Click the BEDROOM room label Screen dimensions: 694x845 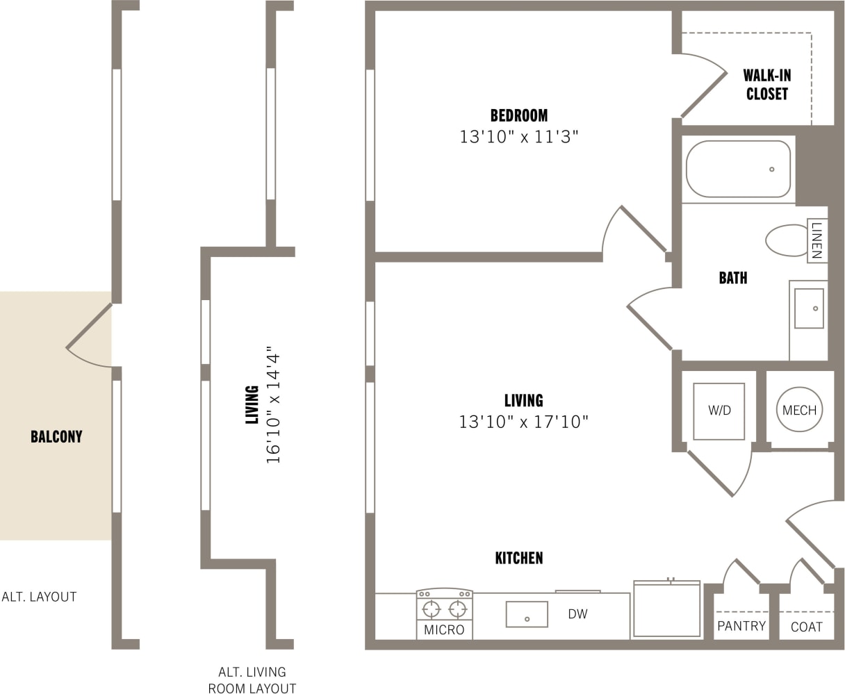pyautogui.click(x=518, y=115)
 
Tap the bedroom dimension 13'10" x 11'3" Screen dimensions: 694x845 pyautogui.click(x=518, y=137)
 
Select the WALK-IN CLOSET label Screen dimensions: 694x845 pyautogui.click(x=766, y=84)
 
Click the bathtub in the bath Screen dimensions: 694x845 pyautogui.click(x=738, y=169)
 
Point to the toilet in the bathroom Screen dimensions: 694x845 pyautogui.click(x=787, y=240)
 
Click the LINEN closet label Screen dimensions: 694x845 pyautogui.click(x=817, y=240)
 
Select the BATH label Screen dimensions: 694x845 pyautogui.click(x=732, y=278)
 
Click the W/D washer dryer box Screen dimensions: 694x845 pyautogui.click(x=719, y=411)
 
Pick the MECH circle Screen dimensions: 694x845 pyautogui.click(x=799, y=410)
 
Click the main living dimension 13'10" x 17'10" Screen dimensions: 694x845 pyautogui.click(x=523, y=422)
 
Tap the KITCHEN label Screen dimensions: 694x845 pyautogui.click(x=518, y=558)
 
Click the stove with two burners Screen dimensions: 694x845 pyautogui.click(x=445, y=609)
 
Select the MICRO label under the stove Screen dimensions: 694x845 pyautogui.click(x=444, y=630)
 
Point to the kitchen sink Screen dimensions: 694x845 pyautogui.click(x=527, y=614)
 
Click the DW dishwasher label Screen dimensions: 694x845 pyautogui.click(x=577, y=614)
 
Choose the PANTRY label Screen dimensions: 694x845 pyautogui.click(x=741, y=626)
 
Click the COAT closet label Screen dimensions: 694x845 pyautogui.click(x=806, y=627)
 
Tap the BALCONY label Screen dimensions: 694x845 pyautogui.click(x=56, y=437)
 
